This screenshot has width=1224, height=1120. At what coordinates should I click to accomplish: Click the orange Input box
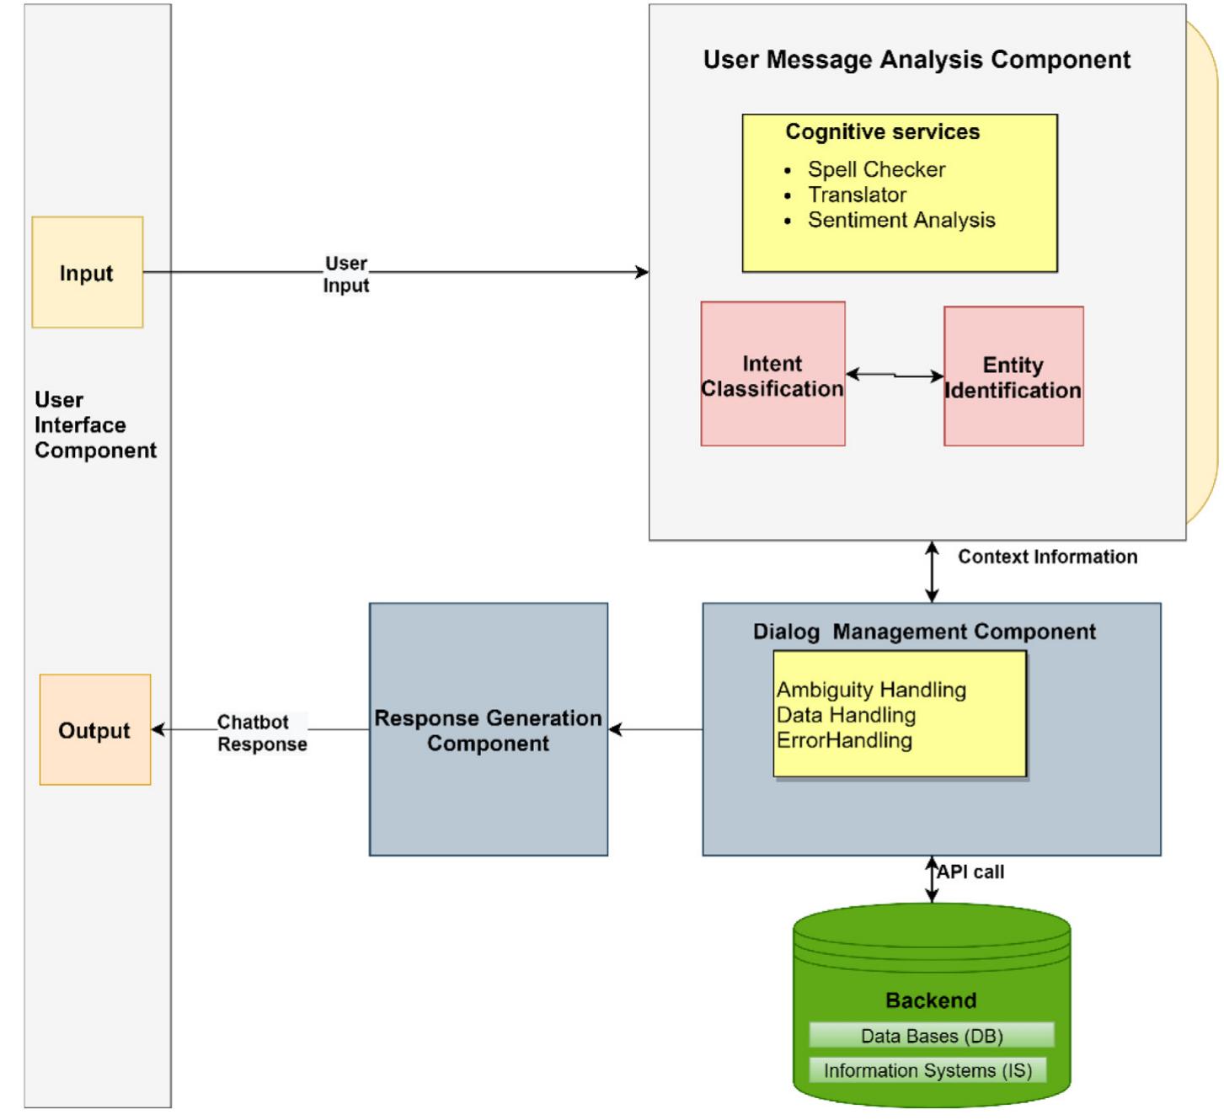click(88, 272)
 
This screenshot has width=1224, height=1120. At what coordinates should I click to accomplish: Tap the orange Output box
click(95, 729)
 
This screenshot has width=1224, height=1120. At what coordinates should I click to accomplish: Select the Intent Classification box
click(772, 375)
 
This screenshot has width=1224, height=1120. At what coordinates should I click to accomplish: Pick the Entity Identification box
click(1013, 376)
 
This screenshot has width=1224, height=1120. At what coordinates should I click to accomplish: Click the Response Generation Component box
click(489, 729)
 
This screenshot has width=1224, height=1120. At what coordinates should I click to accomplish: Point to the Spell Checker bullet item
click(876, 169)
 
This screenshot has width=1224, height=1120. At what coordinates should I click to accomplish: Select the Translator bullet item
click(857, 195)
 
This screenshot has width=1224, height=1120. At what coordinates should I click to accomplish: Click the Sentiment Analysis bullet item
click(901, 220)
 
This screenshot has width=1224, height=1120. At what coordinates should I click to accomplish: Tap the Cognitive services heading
click(882, 131)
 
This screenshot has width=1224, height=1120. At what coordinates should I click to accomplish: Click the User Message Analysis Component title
click(917, 60)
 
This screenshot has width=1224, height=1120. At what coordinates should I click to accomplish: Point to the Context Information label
click(1047, 557)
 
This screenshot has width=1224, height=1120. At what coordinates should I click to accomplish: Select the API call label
click(971, 872)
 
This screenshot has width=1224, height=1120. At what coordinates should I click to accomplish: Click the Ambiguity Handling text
click(871, 690)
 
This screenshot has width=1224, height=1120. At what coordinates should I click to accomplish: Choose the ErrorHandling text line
click(844, 740)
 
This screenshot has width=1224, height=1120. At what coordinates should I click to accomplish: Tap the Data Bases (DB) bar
click(932, 1036)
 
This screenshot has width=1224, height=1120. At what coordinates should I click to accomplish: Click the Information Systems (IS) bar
click(927, 1070)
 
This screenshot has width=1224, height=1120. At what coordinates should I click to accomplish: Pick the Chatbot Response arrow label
click(262, 733)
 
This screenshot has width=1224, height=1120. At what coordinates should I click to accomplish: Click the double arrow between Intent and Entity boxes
click(895, 375)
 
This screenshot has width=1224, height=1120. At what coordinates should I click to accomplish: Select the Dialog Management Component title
click(924, 632)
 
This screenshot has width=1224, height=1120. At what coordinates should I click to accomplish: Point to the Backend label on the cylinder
click(931, 1000)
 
